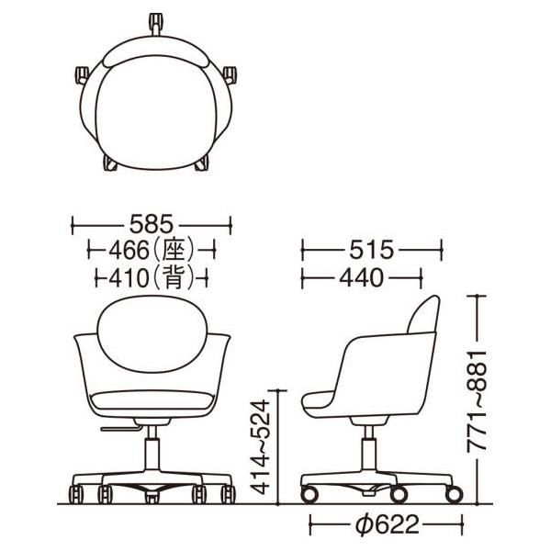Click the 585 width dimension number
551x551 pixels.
[152, 224]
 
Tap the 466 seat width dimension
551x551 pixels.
[130, 249]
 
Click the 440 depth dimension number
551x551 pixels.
[364, 276]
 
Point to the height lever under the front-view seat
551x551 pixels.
[117, 428]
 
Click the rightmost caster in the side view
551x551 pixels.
[452, 496]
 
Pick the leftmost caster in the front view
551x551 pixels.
[78, 495]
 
